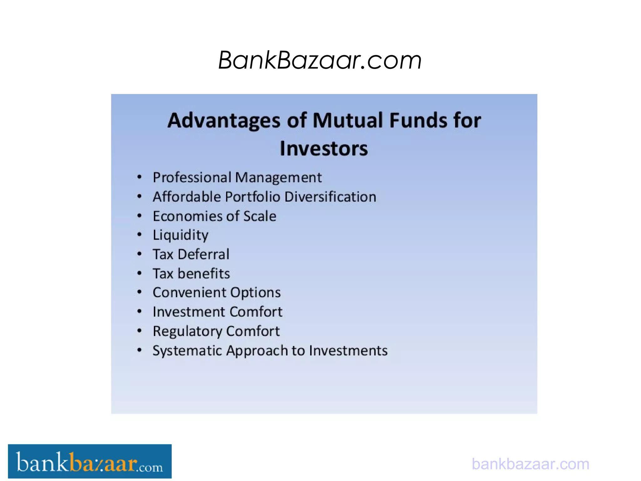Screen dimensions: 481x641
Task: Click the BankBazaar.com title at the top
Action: pyautogui.click(x=320, y=60)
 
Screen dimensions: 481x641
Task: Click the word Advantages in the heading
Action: pyautogui.click(x=223, y=121)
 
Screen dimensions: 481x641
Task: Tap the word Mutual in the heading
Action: pyautogui.click(x=348, y=120)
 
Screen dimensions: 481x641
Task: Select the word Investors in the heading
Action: pyautogui.click(x=324, y=148)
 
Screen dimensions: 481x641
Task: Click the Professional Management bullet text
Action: pyautogui.click(x=237, y=178)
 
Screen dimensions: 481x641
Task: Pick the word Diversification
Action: pyautogui.click(x=330, y=197)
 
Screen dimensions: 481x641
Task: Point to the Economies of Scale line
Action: pyautogui.click(x=214, y=216)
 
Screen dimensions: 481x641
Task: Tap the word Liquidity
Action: pyautogui.click(x=180, y=235)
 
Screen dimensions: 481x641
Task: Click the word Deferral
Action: pyautogui.click(x=203, y=254)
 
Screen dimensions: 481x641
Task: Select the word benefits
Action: pyautogui.click(x=204, y=274)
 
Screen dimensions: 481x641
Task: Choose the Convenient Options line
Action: pyautogui.click(x=217, y=293)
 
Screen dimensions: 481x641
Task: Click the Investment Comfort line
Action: pyautogui.click(x=218, y=312)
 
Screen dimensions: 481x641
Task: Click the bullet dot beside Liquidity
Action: pyautogui.click(x=140, y=235)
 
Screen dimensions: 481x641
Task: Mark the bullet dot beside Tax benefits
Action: pyautogui.click(x=140, y=273)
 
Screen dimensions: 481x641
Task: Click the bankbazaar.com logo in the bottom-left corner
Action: pyautogui.click(x=90, y=461)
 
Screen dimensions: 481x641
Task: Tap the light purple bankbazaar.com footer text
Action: pyautogui.click(x=530, y=464)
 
